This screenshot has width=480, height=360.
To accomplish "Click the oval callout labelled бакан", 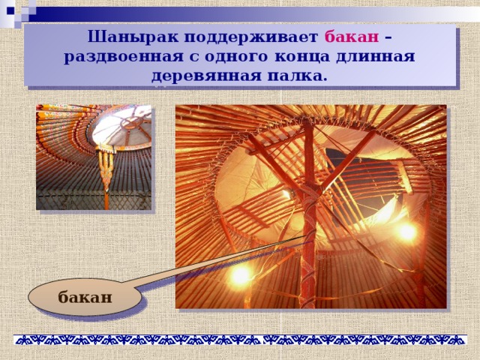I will tap(85, 297).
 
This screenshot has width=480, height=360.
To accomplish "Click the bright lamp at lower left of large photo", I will tap(240, 276).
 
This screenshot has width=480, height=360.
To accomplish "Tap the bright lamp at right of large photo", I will tap(407, 232).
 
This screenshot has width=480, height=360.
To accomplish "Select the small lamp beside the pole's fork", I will tap(287, 194).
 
